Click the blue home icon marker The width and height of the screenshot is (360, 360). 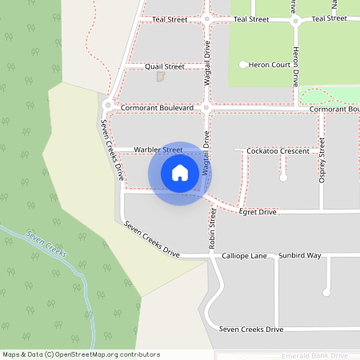pos(180,173)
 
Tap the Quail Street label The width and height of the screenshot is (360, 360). pos(165,66)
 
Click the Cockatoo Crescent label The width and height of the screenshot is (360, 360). pos(278,150)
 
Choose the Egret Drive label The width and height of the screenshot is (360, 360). pos(258,212)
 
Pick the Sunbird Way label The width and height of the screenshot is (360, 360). pos(300,256)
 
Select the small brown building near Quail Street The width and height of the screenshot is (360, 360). pos(160,77)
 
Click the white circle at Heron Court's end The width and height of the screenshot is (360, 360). pos(243,64)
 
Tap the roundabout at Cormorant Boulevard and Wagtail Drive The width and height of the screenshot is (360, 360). pos(206,107)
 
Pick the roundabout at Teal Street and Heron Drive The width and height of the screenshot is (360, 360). pos(294,19)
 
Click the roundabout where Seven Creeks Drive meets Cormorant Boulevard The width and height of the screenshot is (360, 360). pos(108,106)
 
